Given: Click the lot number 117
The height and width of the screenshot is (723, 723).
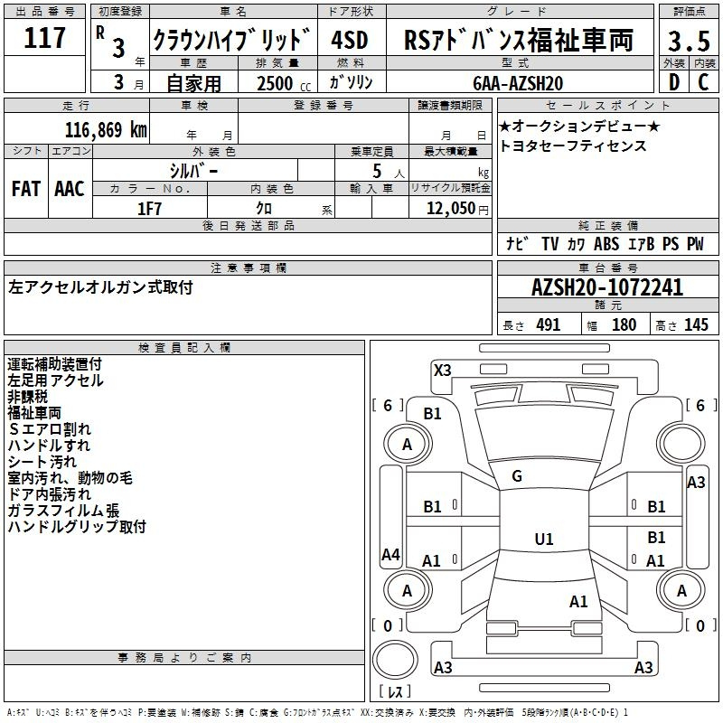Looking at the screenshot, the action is pyautogui.click(x=44, y=38).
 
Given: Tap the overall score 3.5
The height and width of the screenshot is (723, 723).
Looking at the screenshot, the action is pyautogui.click(x=689, y=41).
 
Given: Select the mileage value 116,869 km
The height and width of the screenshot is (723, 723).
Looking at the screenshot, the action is pyautogui.click(x=106, y=130).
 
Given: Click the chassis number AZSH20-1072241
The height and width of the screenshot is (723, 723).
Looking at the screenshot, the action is pyautogui.click(x=607, y=287).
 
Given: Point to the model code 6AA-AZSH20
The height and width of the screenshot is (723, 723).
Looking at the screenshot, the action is pyautogui.click(x=518, y=83).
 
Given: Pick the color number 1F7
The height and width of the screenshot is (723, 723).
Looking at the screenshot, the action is pyautogui.click(x=149, y=209).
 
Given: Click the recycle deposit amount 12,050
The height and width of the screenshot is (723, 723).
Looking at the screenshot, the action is pyautogui.click(x=451, y=209).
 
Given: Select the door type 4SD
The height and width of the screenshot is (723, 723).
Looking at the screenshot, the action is pyautogui.click(x=350, y=40).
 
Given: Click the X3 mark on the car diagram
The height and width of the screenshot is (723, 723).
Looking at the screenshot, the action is pyautogui.click(x=442, y=371).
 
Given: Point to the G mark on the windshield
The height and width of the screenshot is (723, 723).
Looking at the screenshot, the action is pyautogui.click(x=517, y=476).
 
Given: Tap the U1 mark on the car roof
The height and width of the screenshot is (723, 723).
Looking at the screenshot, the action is pyautogui.click(x=544, y=539).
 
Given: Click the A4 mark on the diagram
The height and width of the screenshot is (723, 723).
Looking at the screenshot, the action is pyautogui.click(x=390, y=554).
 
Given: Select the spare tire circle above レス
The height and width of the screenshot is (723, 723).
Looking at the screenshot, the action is pyautogui.click(x=395, y=660).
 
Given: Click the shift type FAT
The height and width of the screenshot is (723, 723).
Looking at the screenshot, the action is pyautogui.click(x=26, y=189).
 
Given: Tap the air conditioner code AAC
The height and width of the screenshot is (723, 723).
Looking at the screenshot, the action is pyautogui.click(x=70, y=189).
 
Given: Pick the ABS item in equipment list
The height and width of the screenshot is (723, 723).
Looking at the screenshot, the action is pyautogui.click(x=606, y=244).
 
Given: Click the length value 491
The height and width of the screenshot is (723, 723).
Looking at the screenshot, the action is pyautogui.click(x=549, y=325).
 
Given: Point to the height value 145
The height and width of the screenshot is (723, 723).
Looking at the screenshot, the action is pyautogui.click(x=696, y=325).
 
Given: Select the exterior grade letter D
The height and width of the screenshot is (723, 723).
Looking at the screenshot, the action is pyautogui.click(x=674, y=82).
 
